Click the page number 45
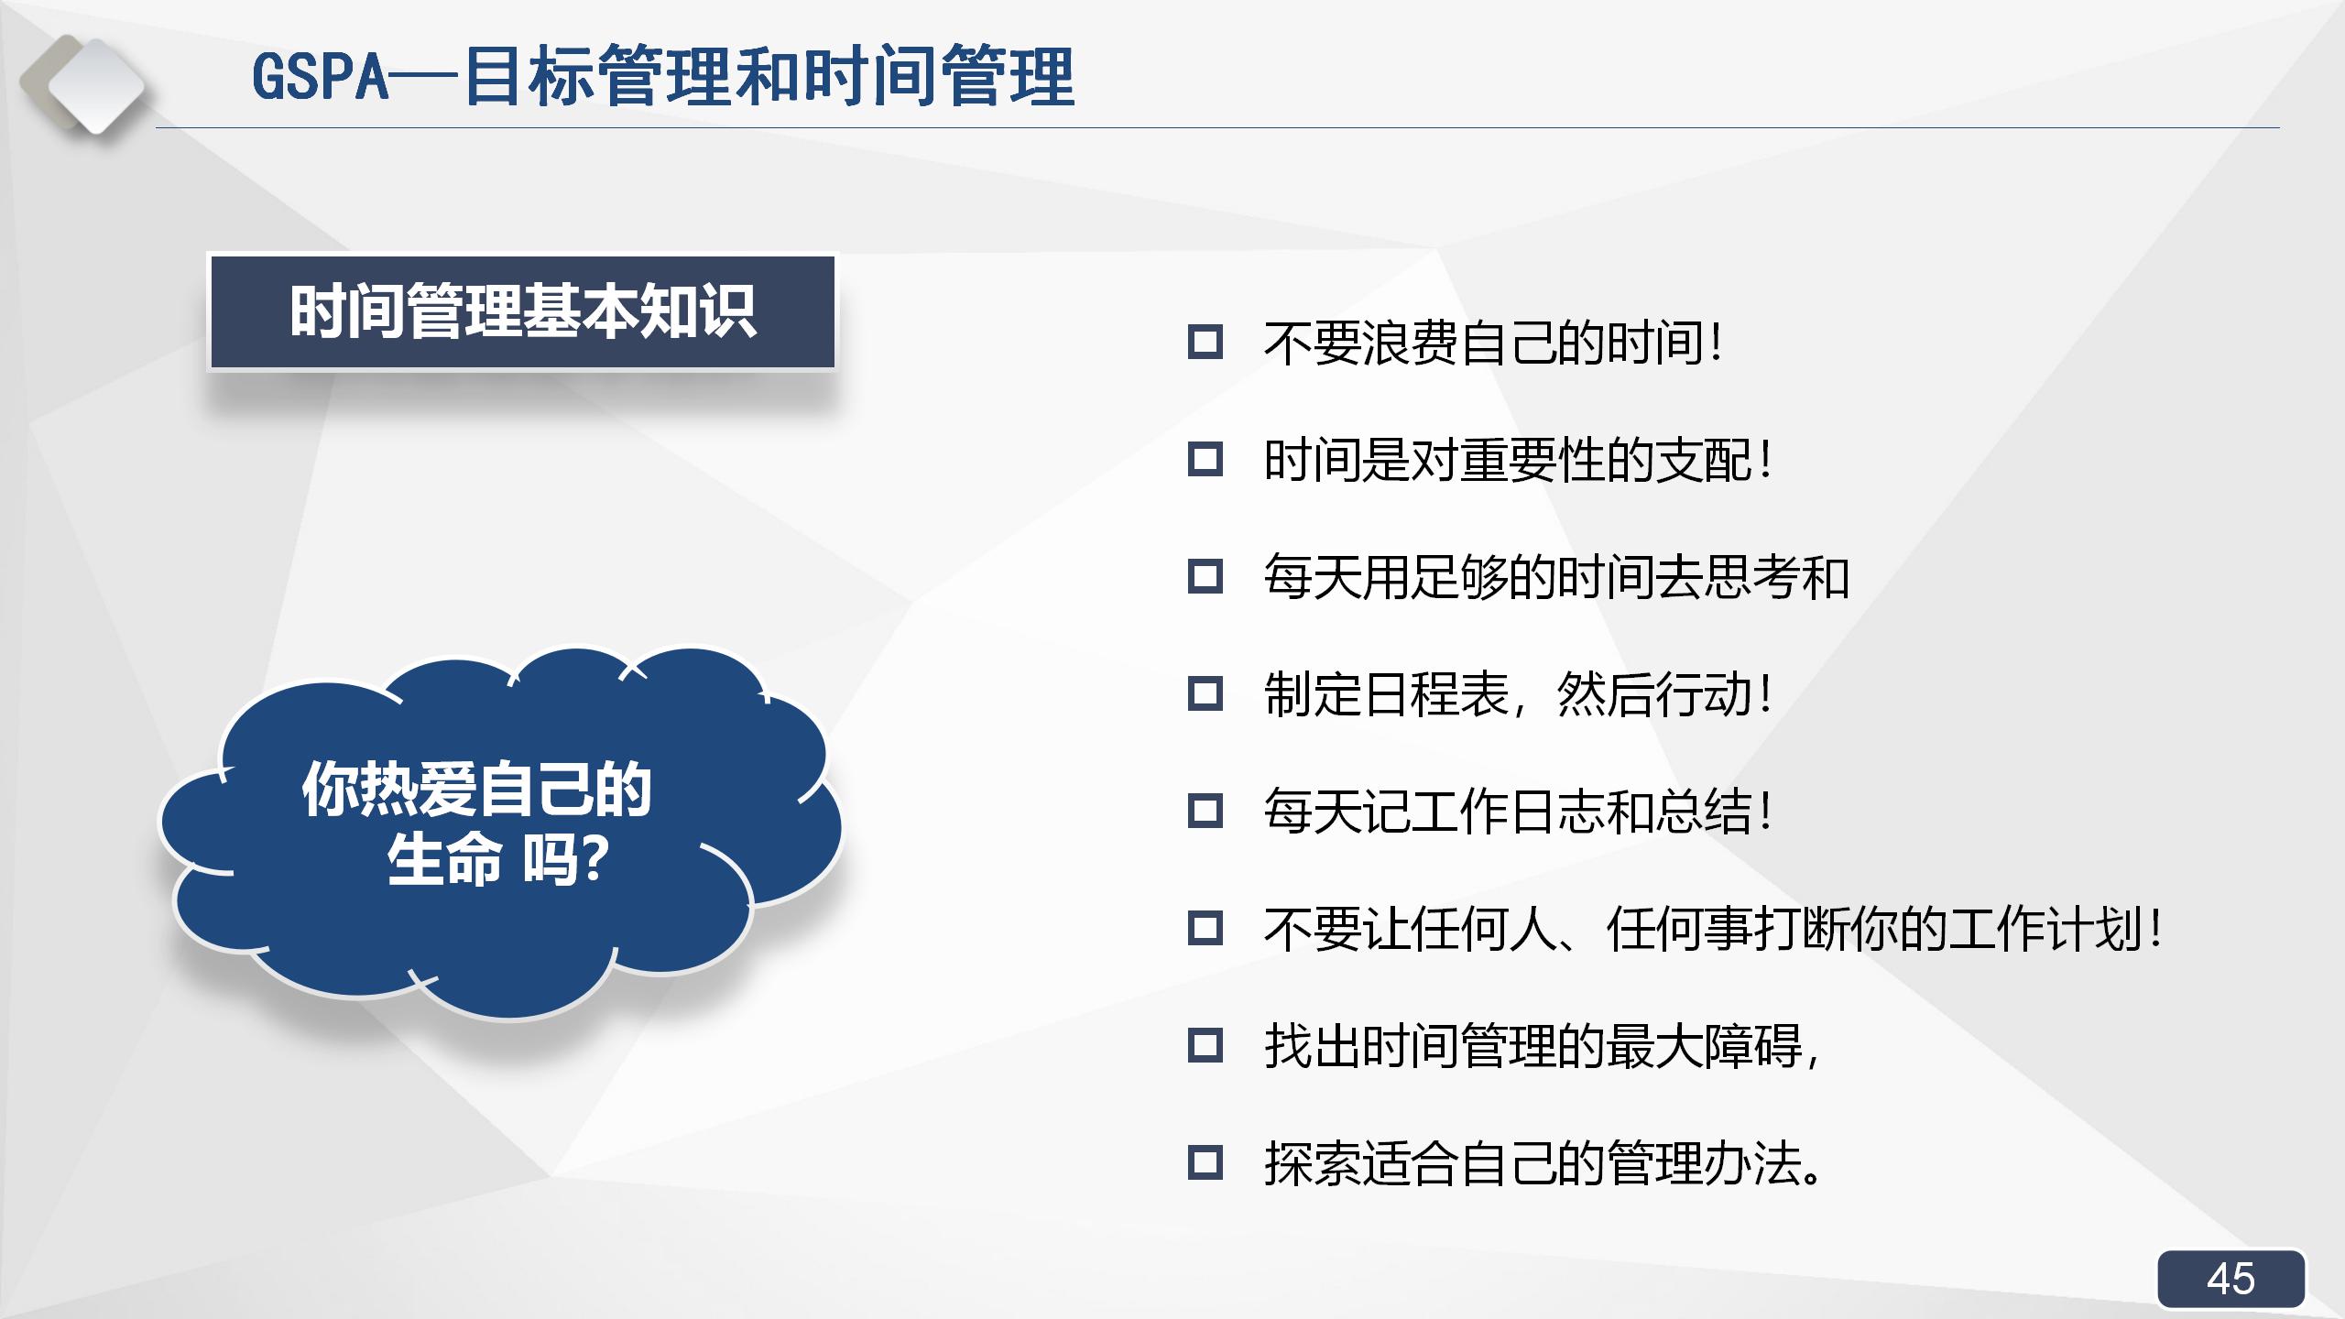pos(2230,1279)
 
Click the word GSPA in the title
pos(321,77)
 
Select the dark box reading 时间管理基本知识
pos(522,312)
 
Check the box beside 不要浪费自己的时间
pos(1205,343)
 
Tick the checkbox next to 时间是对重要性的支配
pos(1205,459)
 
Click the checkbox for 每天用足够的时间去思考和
pos(1205,576)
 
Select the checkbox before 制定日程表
pos(1205,693)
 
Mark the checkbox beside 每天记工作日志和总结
pos(1205,811)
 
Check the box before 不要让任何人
pos(1205,928)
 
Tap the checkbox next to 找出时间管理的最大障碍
pos(1205,1045)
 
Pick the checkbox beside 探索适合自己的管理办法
pos(1205,1162)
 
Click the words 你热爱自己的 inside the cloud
pos(476,789)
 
